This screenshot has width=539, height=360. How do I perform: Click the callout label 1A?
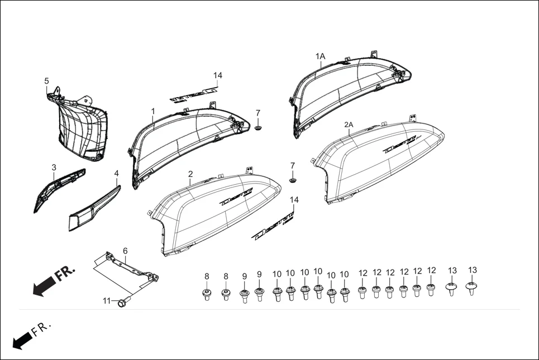pyautogui.click(x=320, y=56)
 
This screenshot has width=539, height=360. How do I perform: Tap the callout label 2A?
pyautogui.click(x=349, y=124)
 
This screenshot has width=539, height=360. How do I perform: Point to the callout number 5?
pyautogui.click(x=47, y=81)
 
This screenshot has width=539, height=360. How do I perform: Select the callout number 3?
pyautogui.click(x=54, y=167)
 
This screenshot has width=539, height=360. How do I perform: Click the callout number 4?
pyautogui.click(x=116, y=174)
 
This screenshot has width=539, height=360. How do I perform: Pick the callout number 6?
pyautogui.click(x=125, y=251)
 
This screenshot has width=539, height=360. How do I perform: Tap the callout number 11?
pyautogui.click(x=107, y=301)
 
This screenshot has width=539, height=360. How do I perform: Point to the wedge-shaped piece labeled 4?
pyautogui.click(x=95, y=209)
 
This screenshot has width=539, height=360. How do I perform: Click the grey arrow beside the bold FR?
pyautogui.click(x=42, y=287)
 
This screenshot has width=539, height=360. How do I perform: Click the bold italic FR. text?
pyautogui.click(x=65, y=274)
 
